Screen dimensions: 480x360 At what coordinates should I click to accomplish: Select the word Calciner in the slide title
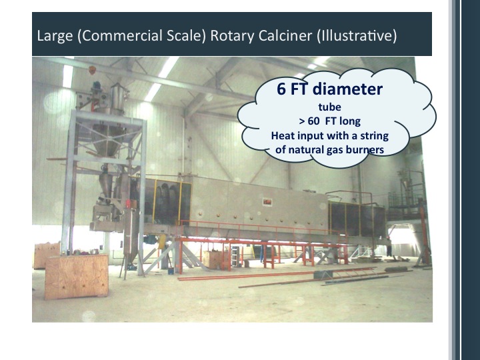pos(285,35)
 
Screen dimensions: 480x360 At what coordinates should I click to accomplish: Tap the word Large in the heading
pos(55,35)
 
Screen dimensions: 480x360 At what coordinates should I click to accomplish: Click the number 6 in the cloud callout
pos(281,89)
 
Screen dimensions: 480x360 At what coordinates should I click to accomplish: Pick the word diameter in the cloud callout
pos(348,89)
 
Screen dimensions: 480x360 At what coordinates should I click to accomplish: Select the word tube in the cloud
pos(330,107)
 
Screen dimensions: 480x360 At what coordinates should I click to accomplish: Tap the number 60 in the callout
pos(314,121)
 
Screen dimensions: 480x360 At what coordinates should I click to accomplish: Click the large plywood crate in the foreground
pos(76,277)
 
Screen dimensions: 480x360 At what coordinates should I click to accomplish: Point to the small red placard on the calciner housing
pos(267,202)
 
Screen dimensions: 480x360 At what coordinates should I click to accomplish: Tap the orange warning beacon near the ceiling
pos(92,70)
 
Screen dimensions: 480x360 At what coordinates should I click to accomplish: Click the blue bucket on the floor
pos(171,271)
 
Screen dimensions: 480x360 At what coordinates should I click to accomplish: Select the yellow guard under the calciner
pos(162,241)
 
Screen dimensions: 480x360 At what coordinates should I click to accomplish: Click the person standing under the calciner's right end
pos(389,247)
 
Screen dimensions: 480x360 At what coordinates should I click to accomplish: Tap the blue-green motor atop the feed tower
pos(97,85)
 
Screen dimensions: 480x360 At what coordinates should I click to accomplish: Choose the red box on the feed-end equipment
pos(129,204)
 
